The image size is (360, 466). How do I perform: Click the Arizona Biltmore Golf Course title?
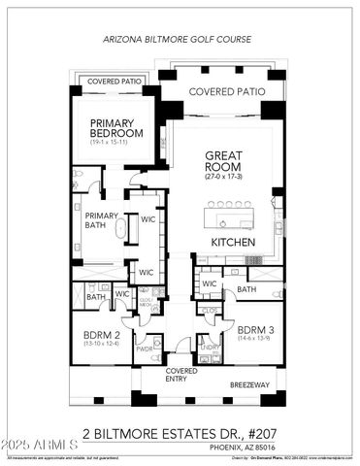point(180,40)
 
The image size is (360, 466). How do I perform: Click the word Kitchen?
point(233,241)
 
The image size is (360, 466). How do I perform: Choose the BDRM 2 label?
point(101,333)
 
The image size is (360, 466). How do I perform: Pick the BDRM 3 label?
point(255,328)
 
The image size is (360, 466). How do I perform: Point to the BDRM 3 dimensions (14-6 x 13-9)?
point(255,338)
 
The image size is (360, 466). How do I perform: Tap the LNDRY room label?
point(208,346)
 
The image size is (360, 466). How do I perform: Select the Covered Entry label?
point(180,375)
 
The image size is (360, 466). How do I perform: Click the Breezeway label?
point(248,385)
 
